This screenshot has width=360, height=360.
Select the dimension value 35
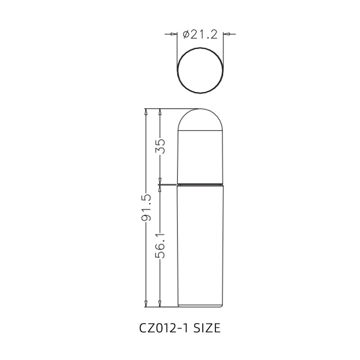tap(161, 146)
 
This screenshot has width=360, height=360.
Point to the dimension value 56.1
tap(161, 245)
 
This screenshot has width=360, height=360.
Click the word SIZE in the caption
tap(207, 328)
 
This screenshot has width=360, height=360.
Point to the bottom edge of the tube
tap(200, 307)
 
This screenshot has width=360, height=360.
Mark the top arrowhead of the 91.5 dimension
tap(146, 112)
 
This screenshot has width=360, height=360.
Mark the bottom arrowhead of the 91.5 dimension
tap(146, 304)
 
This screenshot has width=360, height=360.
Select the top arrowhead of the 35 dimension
tap(161, 112)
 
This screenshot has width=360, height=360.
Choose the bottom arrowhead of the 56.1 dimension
tap(161, 304)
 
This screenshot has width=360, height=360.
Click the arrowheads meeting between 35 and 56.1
tap(161, 184)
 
